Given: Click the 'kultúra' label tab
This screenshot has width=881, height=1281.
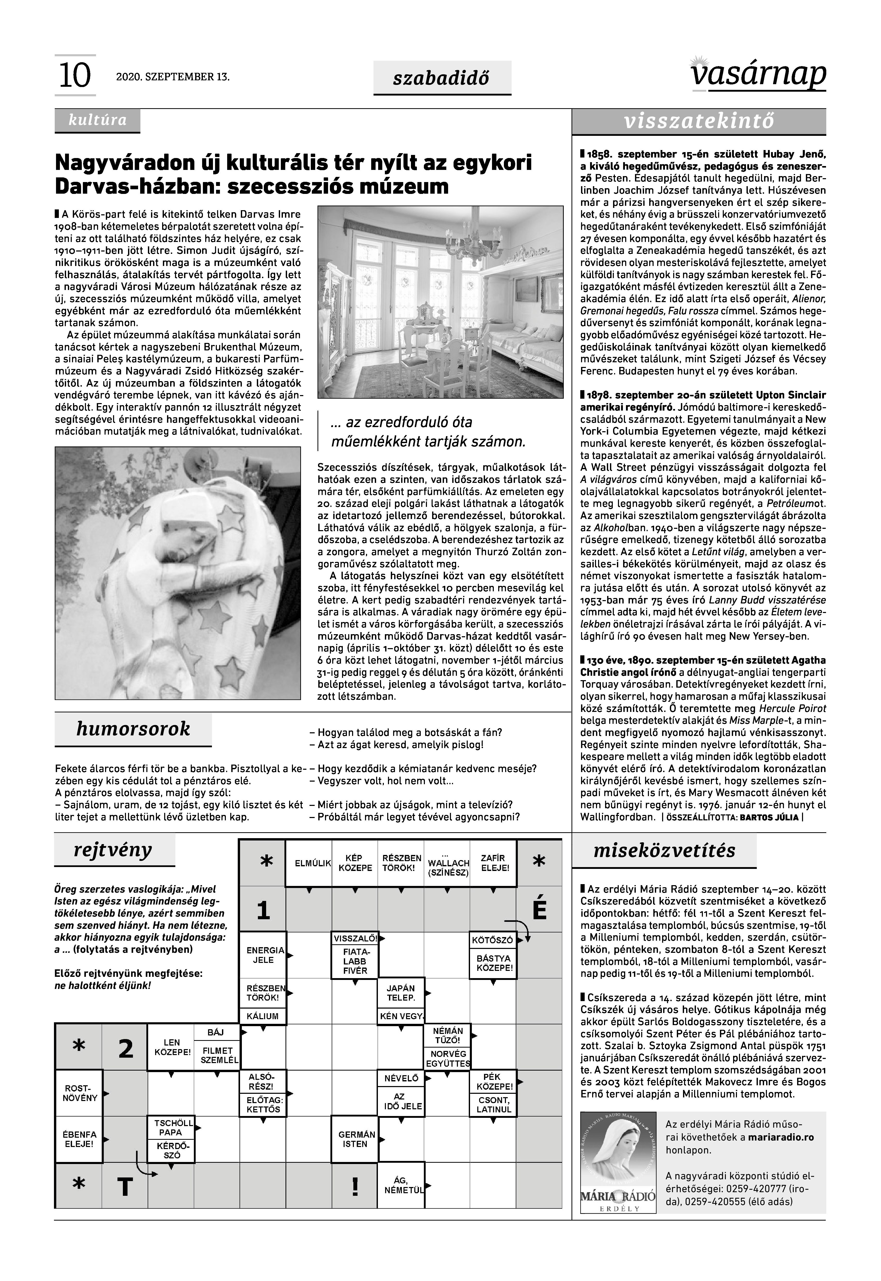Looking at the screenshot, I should point(97,120).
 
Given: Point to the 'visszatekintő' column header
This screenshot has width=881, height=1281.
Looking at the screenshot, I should point(699,122).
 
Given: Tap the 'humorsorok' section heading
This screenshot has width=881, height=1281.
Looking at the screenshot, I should point(133,729).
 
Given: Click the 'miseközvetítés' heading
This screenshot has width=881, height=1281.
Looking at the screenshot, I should point(664,850).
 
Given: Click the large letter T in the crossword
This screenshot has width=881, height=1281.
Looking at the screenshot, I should point(126,1186).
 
